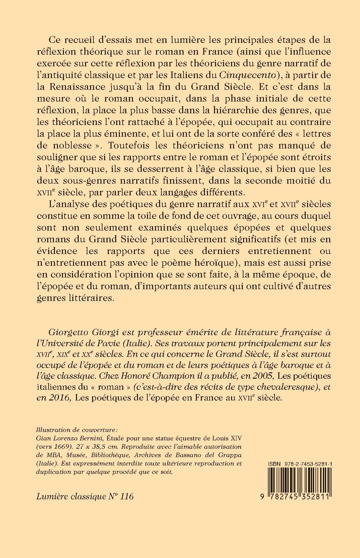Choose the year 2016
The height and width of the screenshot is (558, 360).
[x=61, y=398]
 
